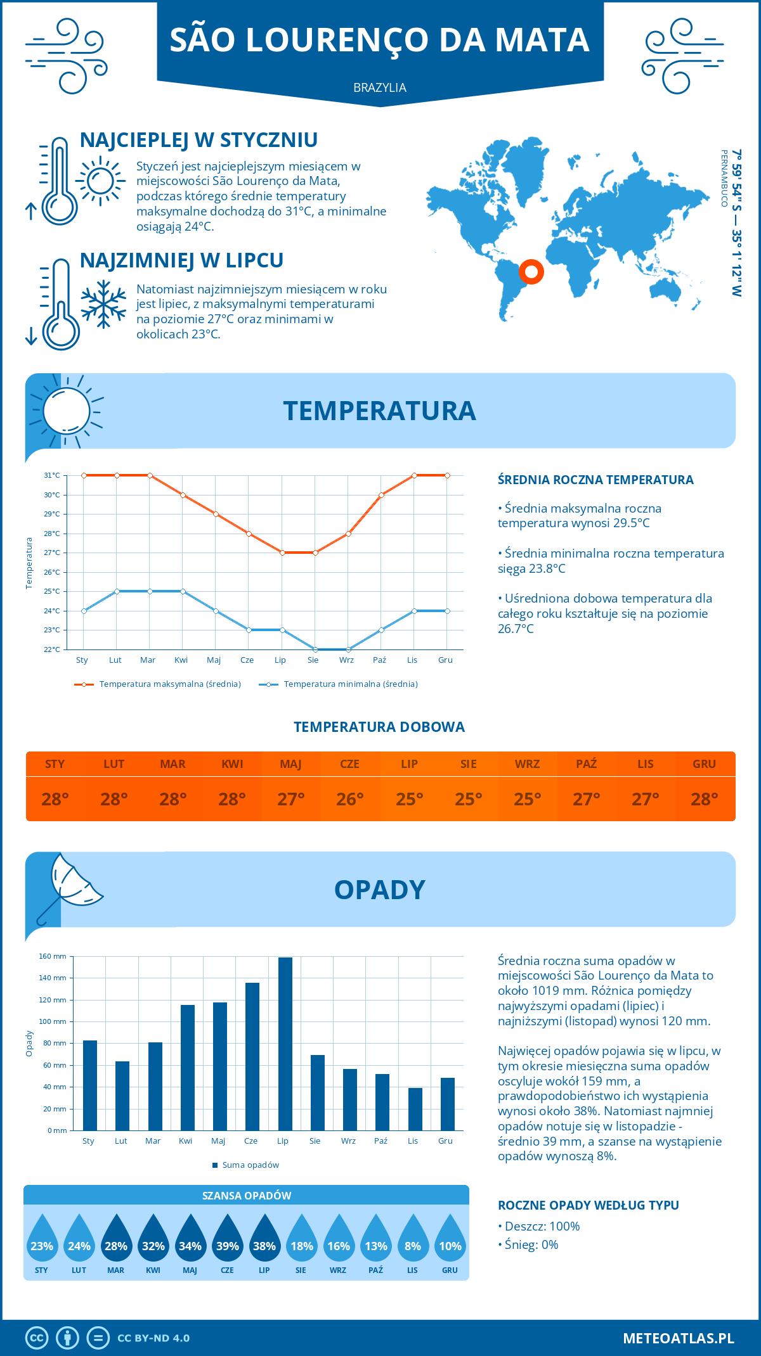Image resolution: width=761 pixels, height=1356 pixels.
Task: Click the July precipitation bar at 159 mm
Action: pyautogui.click(x=285, y=1044)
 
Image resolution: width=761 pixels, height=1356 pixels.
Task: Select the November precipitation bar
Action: pyautogui.click(x=415, y=1109)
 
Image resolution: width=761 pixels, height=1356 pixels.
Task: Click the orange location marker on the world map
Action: pyautogui.click(x=531, y=272)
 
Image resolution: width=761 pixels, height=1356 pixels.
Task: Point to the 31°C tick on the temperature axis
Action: pyautogui.click(x=52, y=475)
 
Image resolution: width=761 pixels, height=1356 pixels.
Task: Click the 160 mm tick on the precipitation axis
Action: pyautogui.click(x=53, y=956)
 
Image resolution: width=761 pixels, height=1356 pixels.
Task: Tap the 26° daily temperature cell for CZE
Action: pyautogui.click(x=350, y=799)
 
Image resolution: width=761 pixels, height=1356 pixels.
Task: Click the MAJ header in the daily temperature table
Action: pyautogui.click(x=291, y=764)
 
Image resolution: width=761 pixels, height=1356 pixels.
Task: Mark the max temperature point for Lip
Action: pyautogui.click(x=282, y=553)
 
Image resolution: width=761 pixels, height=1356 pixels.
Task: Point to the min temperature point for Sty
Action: pyautogui.click(x=84, y=611)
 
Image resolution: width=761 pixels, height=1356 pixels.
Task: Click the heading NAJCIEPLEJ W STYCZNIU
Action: pyautogui.click(x=198, y=140)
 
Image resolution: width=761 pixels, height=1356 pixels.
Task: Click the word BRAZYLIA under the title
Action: pyautogui.click(x=380, y=87)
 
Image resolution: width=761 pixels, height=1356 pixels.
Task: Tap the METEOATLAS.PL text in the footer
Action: pyautogui.click(x=679, y=1338)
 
